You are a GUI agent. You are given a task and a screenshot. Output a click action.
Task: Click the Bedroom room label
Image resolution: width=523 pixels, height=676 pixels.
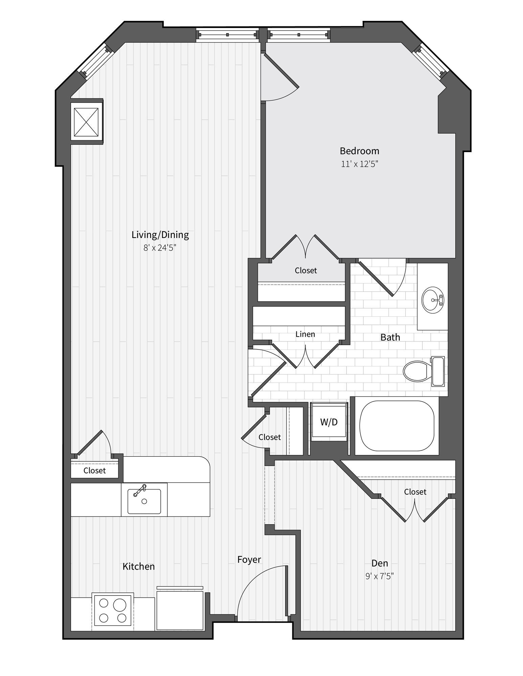(x=359, y=151)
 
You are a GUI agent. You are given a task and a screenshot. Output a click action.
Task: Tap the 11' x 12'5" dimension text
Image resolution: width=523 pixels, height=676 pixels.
(x=359, y=164)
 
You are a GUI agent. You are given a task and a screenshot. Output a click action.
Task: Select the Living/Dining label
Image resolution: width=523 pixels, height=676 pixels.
(x=160, y=235)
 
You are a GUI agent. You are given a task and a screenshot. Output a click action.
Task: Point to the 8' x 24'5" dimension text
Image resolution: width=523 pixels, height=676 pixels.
(x=160, y=248)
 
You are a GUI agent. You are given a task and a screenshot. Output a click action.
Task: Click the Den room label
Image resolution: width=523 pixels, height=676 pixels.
(x=380, y=563)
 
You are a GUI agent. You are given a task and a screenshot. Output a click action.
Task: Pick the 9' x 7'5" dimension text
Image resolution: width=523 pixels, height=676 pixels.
(x=380, y=576)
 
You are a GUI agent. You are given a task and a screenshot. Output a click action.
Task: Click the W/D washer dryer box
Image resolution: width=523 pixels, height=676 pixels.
(x=329, y=422)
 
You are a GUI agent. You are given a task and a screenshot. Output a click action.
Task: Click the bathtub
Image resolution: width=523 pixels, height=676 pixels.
(x=396, y=426)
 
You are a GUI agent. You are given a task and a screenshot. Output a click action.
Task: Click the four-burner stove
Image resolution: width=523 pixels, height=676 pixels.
(x=113, y=612)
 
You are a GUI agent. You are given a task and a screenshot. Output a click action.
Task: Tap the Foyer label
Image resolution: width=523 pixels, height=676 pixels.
(x=249, y=559)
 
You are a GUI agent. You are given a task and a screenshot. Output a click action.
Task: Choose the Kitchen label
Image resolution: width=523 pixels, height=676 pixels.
(x=139, y=566)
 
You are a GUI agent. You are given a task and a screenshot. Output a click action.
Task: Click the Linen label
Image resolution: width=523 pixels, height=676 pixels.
(x=305, y=334)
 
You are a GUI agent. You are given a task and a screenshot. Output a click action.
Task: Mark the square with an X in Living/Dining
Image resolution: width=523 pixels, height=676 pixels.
(x=86, y=121)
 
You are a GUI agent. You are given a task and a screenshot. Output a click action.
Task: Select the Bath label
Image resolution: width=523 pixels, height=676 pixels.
(x=390, y=337)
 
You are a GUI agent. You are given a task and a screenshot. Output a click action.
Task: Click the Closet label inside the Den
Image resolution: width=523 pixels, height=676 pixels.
(x=415, y=492)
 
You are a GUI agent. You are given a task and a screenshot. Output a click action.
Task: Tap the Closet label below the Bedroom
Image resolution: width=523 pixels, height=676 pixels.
(x=306, y=270)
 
